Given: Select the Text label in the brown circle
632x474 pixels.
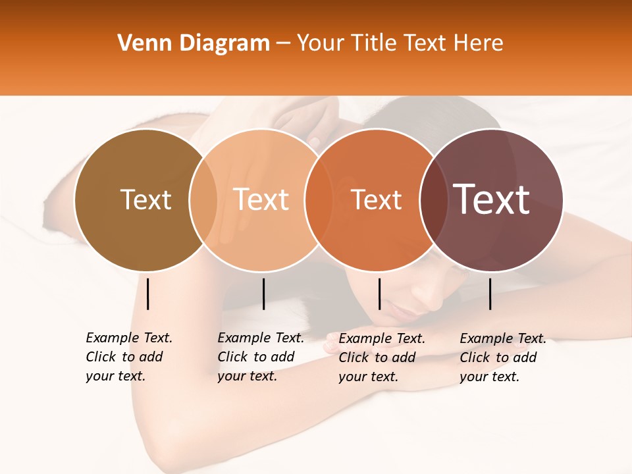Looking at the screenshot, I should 145,199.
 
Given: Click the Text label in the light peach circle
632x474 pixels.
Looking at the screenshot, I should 261,199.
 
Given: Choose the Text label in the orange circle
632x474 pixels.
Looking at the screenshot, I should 376,200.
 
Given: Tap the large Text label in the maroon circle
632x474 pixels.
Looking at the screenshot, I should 492,199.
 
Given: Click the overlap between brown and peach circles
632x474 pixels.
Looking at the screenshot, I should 203,200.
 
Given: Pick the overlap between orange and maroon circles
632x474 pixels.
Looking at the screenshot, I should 433,200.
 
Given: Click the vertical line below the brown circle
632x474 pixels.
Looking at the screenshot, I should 148,294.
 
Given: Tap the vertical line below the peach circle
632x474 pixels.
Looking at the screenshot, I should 263,294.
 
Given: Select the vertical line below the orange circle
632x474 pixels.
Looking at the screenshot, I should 379,294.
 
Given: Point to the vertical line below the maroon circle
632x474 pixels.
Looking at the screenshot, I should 490,294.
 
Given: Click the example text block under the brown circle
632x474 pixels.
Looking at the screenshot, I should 128,357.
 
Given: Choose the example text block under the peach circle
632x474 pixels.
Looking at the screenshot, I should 260,357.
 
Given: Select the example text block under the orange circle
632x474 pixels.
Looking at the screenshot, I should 381,357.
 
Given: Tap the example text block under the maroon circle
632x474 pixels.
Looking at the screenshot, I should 502,357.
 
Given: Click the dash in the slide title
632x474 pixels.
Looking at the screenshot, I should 283,44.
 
